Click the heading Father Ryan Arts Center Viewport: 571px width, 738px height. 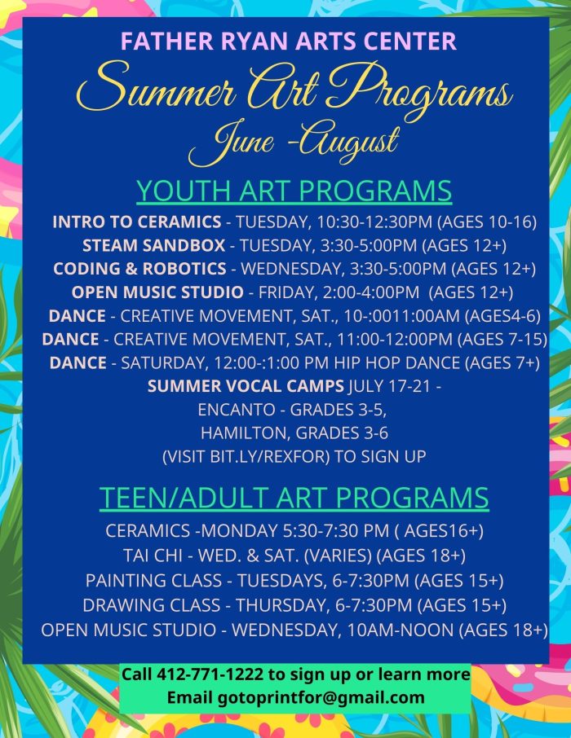289,41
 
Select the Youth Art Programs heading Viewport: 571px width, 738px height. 294,191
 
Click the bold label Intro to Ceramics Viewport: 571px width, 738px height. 137,222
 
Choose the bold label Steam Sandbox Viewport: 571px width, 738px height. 153,245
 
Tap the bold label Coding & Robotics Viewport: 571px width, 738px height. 139,269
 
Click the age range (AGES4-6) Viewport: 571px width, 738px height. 502,316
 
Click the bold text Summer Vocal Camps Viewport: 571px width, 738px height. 246,386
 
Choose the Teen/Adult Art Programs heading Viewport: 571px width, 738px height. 294,498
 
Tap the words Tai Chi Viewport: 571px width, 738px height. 153,556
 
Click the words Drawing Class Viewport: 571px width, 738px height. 152,605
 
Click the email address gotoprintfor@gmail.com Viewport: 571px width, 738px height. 321,697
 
